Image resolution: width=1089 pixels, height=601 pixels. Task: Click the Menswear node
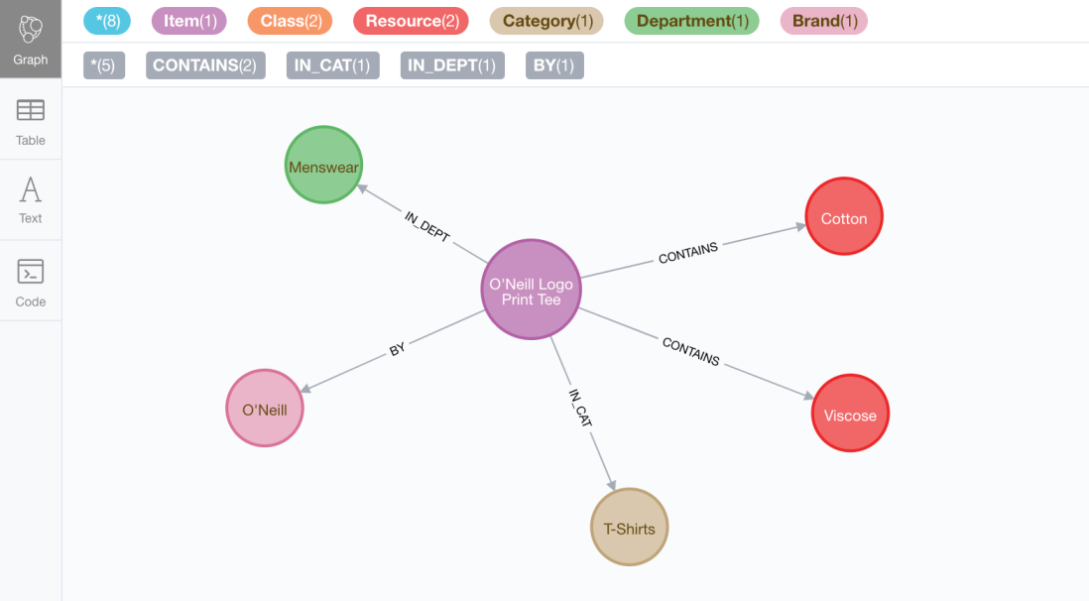coord(323,166)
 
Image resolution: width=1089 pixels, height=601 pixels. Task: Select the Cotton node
coord(844,217)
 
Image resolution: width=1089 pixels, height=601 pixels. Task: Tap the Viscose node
coord(850,414)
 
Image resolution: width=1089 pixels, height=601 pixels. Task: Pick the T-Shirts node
coord(630,528)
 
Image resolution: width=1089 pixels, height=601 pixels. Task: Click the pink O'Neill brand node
coord(265,409)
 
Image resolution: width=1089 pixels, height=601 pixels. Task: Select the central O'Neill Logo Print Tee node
coord(531,291)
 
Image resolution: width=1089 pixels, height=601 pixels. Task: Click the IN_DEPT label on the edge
coord(427,227)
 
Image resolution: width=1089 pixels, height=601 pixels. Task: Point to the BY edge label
coord(398,349)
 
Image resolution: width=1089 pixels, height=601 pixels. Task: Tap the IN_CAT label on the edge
coord(580,408)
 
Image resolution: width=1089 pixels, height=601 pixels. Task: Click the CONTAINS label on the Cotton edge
coord(688,253)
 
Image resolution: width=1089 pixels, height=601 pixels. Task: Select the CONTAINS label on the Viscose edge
coord(690,351)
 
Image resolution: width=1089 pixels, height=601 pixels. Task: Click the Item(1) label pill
coord(188,21)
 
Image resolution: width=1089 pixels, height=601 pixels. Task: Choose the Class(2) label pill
coord(290,21)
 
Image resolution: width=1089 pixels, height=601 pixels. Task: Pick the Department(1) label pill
coord(692,21)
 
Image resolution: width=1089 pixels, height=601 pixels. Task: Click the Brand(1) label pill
coord(824,21)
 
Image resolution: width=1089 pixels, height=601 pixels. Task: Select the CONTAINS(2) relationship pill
coord(205,65)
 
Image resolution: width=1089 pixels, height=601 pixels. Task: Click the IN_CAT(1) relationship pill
coord(332,65)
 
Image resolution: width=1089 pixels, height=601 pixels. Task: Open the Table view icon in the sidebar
coord(31,120)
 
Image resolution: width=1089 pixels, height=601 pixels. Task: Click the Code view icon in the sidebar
coord(31,281)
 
